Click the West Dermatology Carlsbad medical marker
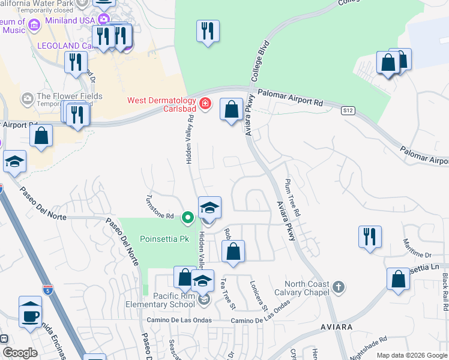click(x=205, y=104)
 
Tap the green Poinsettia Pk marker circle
click(x=188, y=217)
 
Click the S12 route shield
click(x=347, y=110)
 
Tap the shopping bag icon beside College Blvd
click(x=231, y=110)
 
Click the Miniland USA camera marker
click(x=103, y=20)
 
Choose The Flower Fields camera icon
click(x=27, y=97)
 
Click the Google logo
click(x=20, y=352)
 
